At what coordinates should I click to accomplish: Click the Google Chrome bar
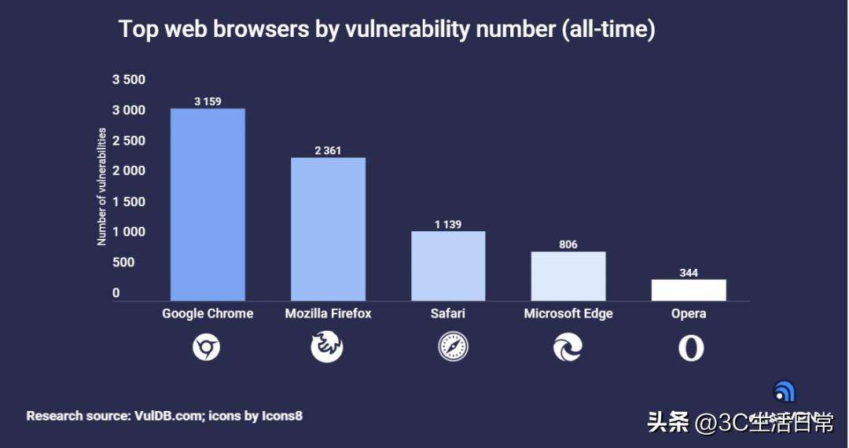pyautogui.click(x=208, y=204)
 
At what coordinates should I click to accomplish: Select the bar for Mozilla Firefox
pyautogui.click(x=328, y=229)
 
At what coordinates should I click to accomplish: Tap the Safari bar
pyautogui.click(x=448, y=266)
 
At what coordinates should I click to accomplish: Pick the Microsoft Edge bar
pyautogui.click(x=568, y=276)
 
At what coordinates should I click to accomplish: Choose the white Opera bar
pyautogui.click(x=689, y=290)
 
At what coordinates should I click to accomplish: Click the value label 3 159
pyautogui.click(x=208, y=101)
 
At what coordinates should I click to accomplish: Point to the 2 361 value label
pyautogui.click(x=328, y=150)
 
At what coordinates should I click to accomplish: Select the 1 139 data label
pyautogui.click(x=448, y=224)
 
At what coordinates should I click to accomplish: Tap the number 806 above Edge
pyautogui.click(x=568, y=244)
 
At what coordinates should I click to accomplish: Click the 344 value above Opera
pyautogui.click(x=689, y=273)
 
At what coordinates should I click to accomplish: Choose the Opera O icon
pyautogui.click(x=691, y=347)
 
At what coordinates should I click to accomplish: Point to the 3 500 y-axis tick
pyautogui.click(x=129, y=79)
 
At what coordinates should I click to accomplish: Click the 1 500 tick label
pyautogui.click(x=129, y=201)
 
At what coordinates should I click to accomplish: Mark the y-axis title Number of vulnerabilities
pyautogui.click(x=101, y=187)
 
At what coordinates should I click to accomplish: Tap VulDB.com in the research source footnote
pyautogui.click(x=166, y=416)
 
